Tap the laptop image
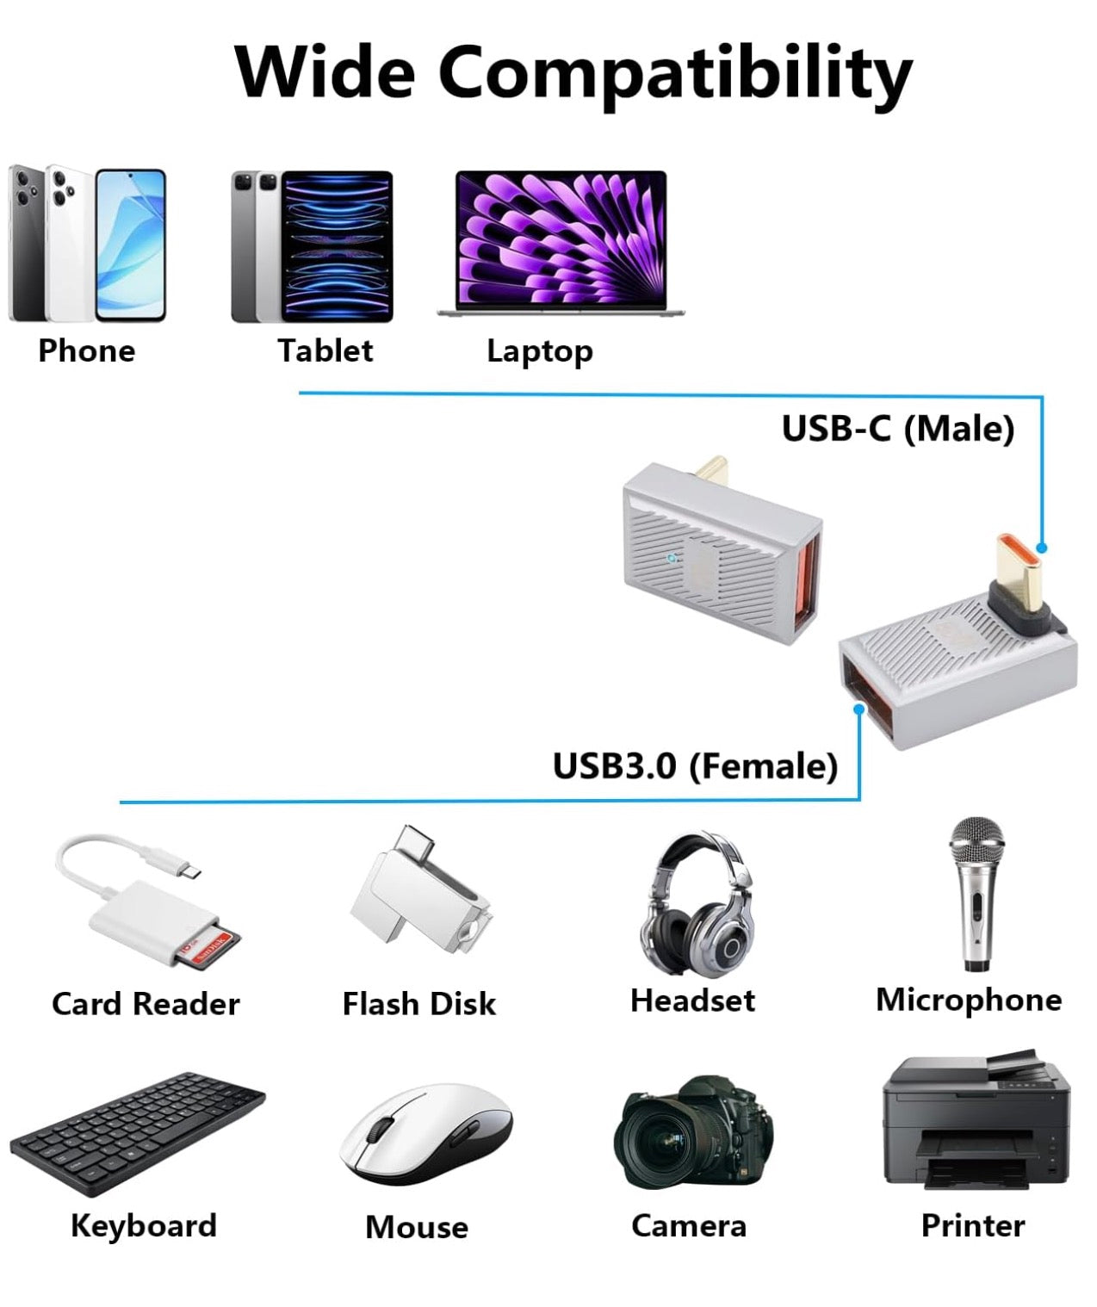(x=561, y=243)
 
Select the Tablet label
(x=325, y=350)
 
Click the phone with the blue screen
(x=130, y=245)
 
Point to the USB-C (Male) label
(x=897, y=429)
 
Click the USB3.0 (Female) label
(x=694, y=765)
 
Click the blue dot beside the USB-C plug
(x=1042, y=548)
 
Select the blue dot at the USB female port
(x=858, y=709)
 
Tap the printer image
(x=976, y=1123)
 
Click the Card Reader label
(x=146, y=1004)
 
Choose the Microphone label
(x=968, y=1000)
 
